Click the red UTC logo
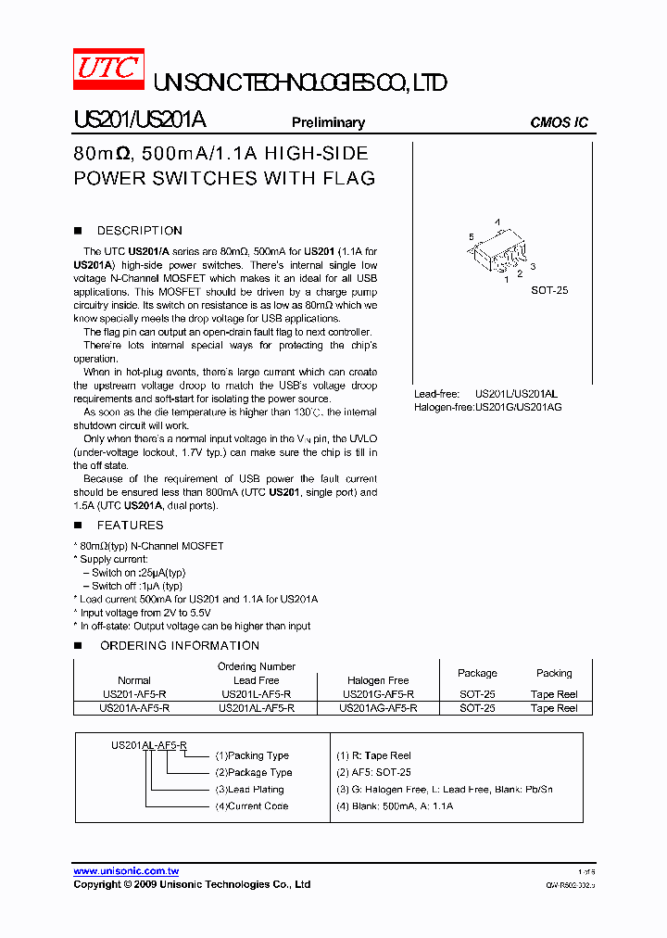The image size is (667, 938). tap(108, 70)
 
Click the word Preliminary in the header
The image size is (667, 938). tap(328, 122)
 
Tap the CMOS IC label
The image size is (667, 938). tap(559, 122)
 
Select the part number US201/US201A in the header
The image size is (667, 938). tap(140, 121)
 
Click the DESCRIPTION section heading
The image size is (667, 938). tap(139, 231)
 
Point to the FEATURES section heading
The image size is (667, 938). tap(130, 525)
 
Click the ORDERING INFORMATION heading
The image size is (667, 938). tap(180, 645)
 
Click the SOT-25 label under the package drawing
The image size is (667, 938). tap(549, 290)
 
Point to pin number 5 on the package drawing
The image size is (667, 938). tap(471, 237)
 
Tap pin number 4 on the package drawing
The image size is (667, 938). tap(497, 222)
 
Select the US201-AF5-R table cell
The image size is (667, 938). tap(134, 694)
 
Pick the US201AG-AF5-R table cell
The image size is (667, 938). tap(378, 708)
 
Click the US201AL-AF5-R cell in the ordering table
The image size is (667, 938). tap(256, 708)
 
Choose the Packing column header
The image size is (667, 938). tap(554, 673)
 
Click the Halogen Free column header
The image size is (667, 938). tap(378, 680)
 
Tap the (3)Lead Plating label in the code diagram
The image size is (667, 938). tap(249, 790)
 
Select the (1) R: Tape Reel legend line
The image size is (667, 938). tap(373, 755)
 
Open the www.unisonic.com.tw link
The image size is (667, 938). tap(126, 871)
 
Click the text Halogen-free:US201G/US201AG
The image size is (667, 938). tap(487, 407)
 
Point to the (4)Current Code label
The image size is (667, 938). tap(251, 806)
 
